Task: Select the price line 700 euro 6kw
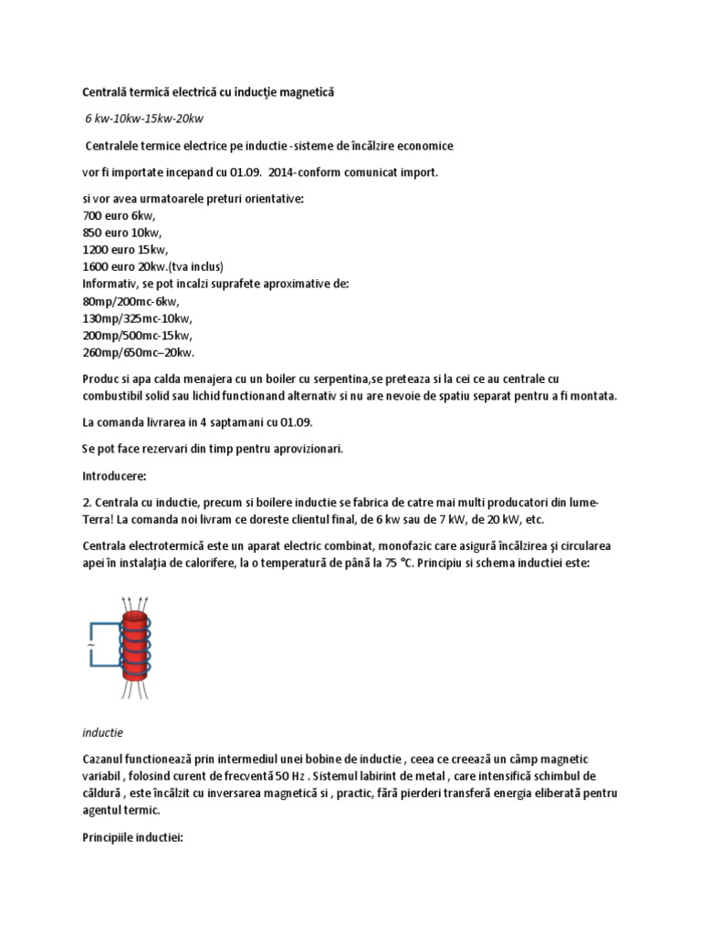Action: pyautogui.click(x=119, y=216)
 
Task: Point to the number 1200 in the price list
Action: pyautogui.click(x=97, y=250)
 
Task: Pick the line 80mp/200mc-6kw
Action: pyautogui.click(x=131, y=301)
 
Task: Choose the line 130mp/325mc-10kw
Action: pyautogui.click(x=138, y=318)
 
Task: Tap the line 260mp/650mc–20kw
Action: pyautogui.click(x=139, y=352)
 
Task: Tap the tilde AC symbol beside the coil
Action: pyautogui.click(x=89, y=646)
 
